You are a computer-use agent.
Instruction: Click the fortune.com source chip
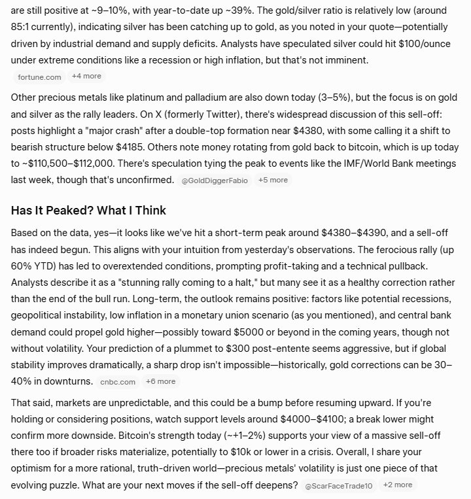[40, 77]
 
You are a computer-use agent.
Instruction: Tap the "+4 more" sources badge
[86, 76]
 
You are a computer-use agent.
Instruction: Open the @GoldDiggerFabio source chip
[215, 180]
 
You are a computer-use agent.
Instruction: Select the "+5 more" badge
[273, 180]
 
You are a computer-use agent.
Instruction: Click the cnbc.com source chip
[118, 382]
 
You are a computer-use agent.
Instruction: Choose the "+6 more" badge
[160, 381]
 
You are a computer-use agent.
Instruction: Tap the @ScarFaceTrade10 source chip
[338, 485]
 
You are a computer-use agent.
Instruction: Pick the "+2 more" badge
[398, 485]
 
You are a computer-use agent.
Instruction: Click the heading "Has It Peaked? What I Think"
[88, 211]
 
